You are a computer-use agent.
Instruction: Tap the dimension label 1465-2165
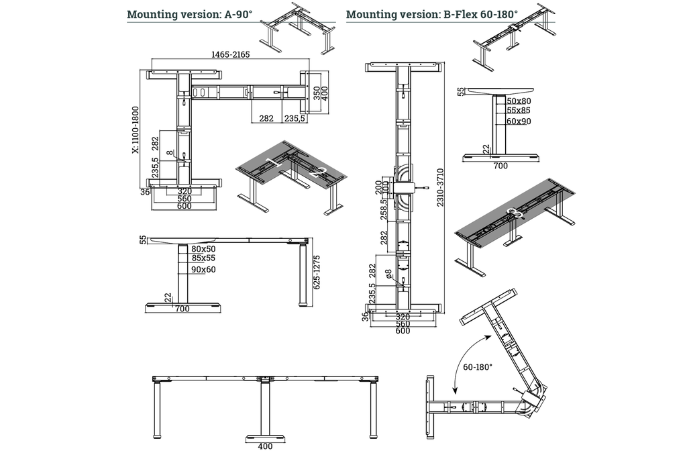231,55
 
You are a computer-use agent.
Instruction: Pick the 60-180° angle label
478,367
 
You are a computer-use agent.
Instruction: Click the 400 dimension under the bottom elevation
265,446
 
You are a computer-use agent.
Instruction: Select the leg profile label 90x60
203,269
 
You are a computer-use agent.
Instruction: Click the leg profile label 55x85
519,110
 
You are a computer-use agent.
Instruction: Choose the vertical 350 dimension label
317,93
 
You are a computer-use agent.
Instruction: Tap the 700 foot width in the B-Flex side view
500,165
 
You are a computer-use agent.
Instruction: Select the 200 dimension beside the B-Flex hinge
378,184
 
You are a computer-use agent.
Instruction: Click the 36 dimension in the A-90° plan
144,192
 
